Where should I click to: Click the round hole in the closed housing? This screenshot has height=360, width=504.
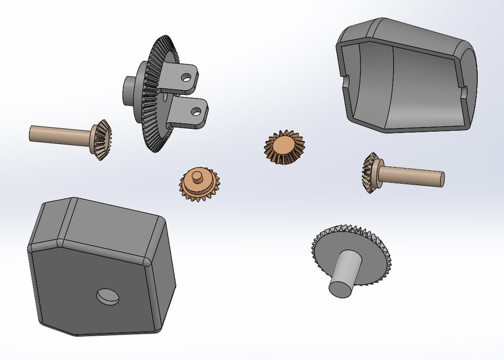pos(108,296)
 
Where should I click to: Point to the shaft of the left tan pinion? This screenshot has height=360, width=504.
pos(59,134)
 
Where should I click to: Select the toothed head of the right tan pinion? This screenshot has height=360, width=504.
pos(371,172)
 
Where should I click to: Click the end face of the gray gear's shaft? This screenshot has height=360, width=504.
pos(341,289)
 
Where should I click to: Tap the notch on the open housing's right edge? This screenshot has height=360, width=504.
pos(465,90)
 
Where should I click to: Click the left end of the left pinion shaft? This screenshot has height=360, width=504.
pos(31,133)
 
